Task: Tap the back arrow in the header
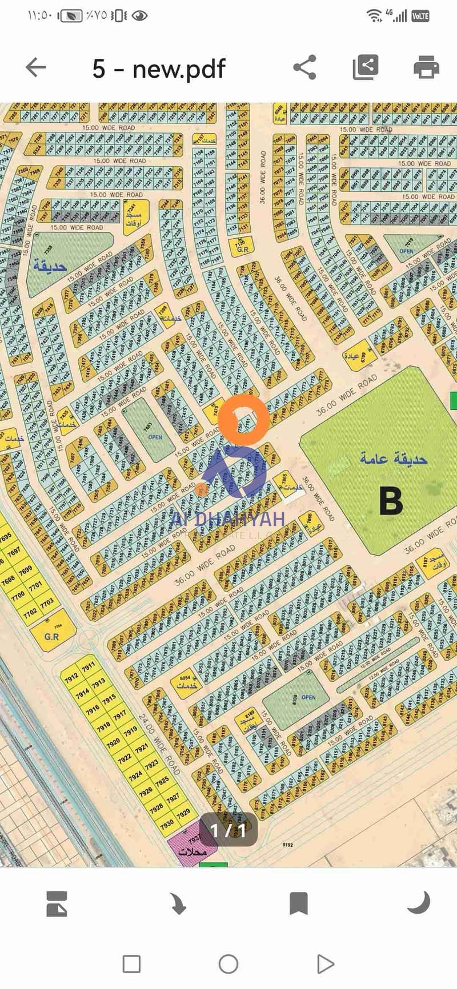point(35,67)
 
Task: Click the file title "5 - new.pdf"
point(159,69)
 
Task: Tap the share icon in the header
point(304,67)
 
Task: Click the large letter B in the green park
point(391,501)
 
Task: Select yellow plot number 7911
point(88,668)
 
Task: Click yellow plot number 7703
point(46,602)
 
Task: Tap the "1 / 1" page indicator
point(228,830)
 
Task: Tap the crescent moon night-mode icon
point(418,903)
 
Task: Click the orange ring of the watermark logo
point(244,419)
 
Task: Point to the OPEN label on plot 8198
point(308,697)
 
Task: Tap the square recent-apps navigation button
point(131,964)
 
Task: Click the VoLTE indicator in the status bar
point(420,16)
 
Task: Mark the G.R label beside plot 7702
point(52,636)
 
